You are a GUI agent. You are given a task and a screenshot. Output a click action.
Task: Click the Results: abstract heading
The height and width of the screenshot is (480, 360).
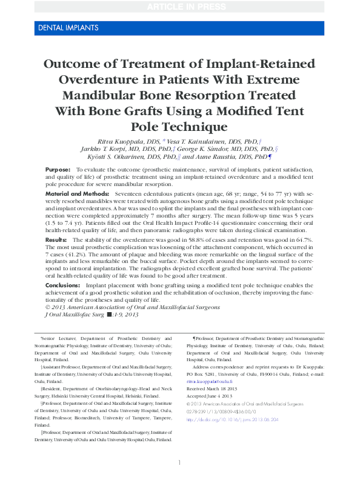56,241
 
